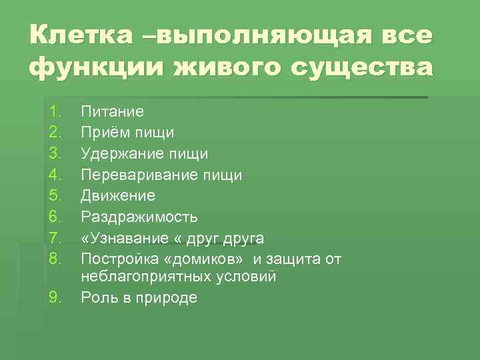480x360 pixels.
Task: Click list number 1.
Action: coord(55,111)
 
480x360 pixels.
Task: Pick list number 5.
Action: coord(55,196)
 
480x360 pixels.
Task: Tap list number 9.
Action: coord(55,297)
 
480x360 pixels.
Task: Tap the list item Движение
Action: coord(118,196)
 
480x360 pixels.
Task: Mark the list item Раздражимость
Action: coord(139,217)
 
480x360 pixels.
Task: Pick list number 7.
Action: coord(55,238)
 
